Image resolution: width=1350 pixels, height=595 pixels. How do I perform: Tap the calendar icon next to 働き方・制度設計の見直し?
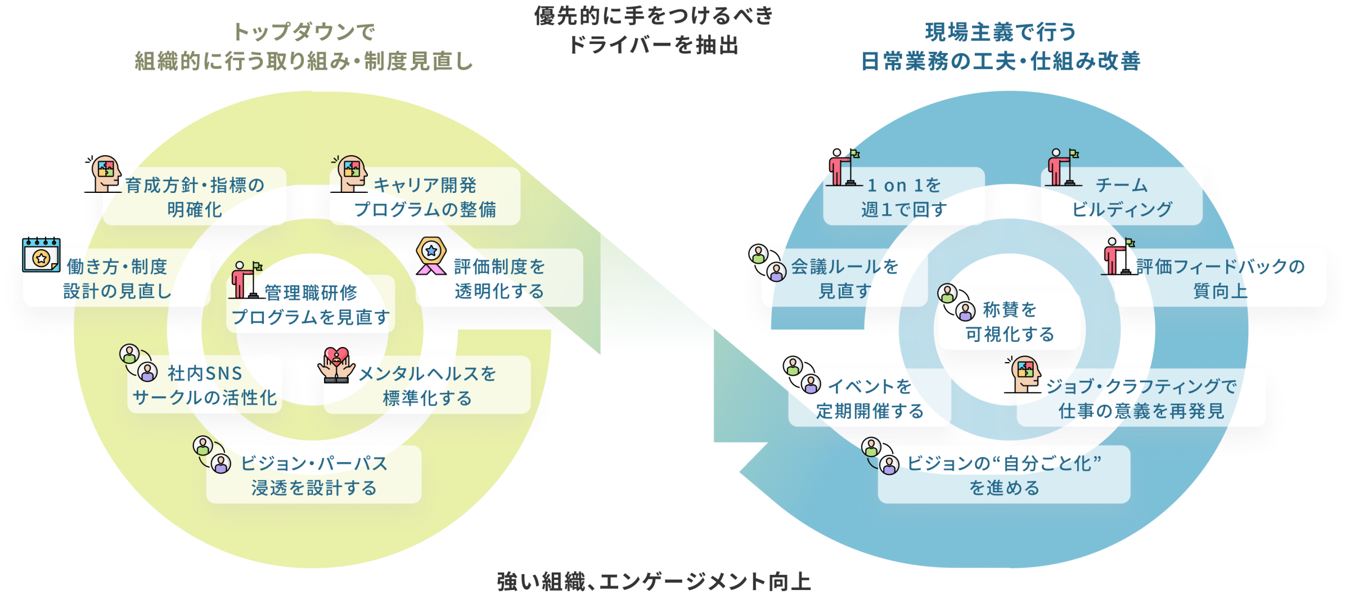41,256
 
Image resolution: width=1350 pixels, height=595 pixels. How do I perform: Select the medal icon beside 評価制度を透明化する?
431,256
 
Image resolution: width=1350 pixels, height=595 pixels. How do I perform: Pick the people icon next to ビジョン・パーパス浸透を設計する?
212,455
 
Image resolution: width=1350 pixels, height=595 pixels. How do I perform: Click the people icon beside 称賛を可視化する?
956,303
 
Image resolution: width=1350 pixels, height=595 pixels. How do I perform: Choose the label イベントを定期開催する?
870,399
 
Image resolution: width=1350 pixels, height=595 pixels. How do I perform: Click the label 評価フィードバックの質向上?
1220,278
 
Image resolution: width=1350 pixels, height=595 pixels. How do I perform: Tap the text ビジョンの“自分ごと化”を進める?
1004,475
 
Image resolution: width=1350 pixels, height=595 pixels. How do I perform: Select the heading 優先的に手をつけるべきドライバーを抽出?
653,30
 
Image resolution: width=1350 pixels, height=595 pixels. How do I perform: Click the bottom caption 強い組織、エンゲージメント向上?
654,582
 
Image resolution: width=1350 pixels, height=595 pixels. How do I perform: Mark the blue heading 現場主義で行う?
1001,32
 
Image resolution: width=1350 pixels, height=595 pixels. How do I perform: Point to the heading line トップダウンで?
304,32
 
